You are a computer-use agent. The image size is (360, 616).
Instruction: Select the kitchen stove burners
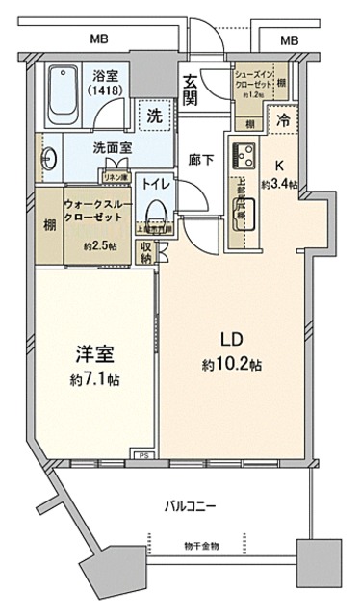240,152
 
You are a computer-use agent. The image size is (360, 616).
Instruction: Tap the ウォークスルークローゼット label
93,213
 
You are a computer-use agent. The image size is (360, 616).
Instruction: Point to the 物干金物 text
201,547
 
